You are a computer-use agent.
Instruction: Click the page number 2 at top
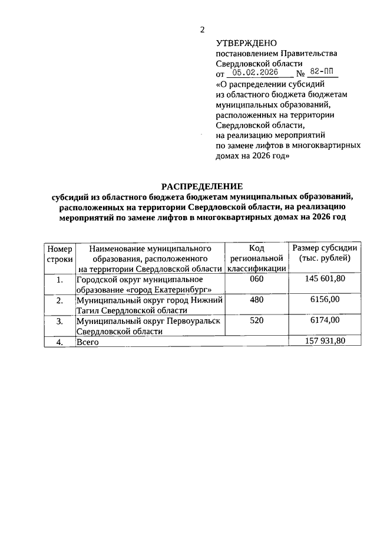[202, 30]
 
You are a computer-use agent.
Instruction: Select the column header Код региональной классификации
[257, 258]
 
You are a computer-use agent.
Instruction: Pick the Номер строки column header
[59, 254]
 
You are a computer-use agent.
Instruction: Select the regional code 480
[257, 300]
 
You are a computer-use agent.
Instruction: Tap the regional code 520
[257, 320]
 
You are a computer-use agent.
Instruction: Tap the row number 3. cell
[59, 320]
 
